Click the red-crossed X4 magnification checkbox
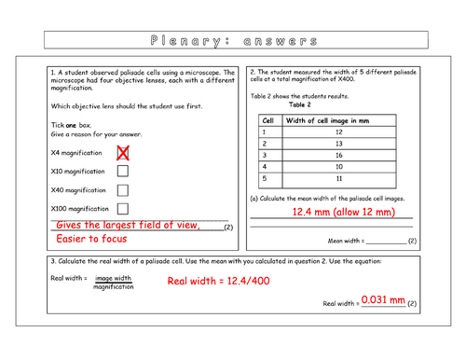(x=123, y=152)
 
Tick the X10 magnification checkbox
(x=123, y=171)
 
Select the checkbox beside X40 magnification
(x=123, y=190)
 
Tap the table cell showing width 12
(x=339, y=132)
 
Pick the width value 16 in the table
(x=339, y=155)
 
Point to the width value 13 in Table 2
(x=339, y=144)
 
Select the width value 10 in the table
(x=339, y=166)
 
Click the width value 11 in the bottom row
(x=339, y=177)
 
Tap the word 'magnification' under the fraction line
(x=113, y=286)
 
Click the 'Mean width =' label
(x=347, y=241)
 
